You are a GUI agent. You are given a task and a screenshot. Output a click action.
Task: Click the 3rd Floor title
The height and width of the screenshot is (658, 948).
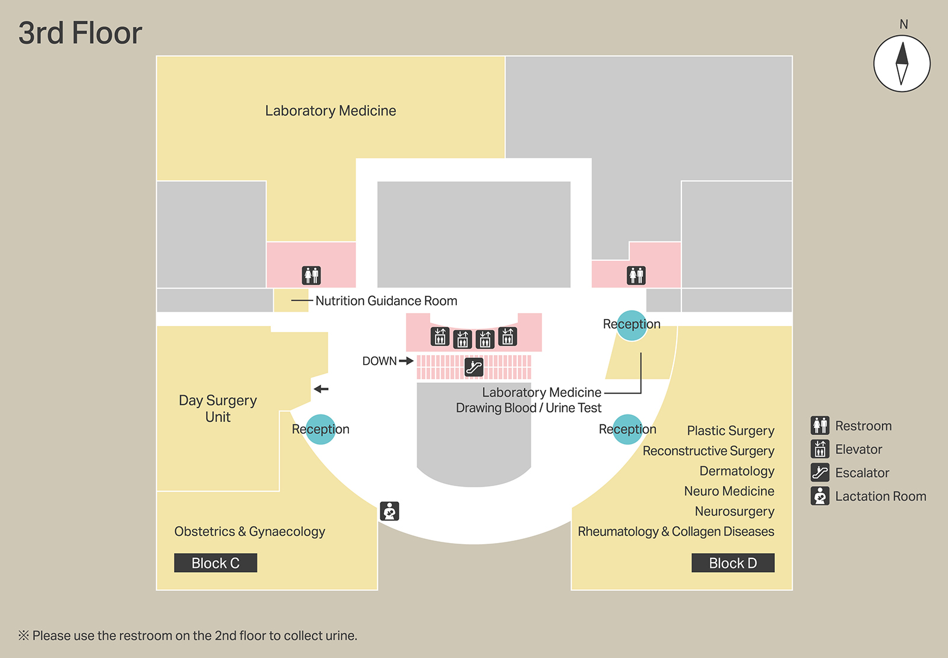click(80, 33)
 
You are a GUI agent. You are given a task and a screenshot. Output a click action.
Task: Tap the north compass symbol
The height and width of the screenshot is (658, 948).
click(902, 63)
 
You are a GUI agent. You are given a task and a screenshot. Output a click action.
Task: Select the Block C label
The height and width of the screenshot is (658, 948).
click(216, 563)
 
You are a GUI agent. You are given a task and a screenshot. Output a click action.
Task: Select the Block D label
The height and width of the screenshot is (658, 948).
click(733, 563)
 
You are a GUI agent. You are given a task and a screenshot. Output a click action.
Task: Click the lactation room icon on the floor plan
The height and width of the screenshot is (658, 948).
click(389, 511)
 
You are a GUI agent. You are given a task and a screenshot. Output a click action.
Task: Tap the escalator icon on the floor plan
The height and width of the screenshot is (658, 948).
click(473, 367)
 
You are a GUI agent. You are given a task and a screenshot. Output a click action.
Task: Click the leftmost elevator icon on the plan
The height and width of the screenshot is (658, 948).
click(440, 337)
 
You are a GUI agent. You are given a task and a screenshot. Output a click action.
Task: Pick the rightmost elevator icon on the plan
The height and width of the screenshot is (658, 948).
click(508, 337)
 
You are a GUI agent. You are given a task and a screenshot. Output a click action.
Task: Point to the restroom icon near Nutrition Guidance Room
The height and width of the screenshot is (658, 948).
click(312, 275)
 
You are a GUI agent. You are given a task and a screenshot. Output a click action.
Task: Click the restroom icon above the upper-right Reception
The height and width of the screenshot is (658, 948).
click(636, 275)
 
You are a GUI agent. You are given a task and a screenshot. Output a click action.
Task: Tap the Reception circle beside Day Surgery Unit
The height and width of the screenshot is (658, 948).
click(321, 429)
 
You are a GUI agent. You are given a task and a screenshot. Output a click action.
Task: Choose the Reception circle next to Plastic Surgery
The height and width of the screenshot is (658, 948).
click(627, 429)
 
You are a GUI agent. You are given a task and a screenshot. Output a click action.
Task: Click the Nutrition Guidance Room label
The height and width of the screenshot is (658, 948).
click(386, 301)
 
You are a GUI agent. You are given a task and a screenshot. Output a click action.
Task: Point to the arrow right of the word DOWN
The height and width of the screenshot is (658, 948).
click(406, 361)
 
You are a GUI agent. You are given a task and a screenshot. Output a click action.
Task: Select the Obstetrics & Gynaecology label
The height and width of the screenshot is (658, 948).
click(249, 532)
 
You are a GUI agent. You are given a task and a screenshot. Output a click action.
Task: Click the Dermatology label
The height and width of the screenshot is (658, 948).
click(736, 471)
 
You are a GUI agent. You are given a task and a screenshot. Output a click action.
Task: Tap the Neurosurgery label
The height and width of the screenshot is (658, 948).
click(734, 512)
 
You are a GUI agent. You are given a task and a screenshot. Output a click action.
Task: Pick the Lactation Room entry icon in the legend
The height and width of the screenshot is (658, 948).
click(820, 496)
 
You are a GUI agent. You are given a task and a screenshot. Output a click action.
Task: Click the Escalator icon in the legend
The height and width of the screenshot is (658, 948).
click(820, 472)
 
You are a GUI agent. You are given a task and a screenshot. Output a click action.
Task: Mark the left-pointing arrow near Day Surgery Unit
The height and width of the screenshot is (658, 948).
click(321, 389)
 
